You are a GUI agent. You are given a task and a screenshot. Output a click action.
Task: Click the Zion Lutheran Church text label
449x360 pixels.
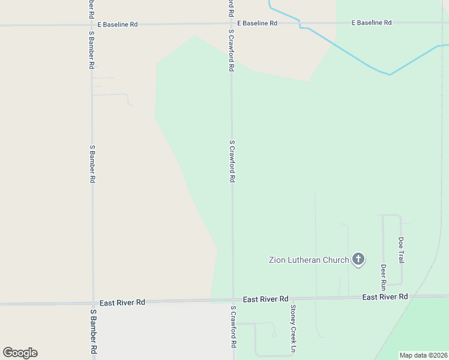(309, 260)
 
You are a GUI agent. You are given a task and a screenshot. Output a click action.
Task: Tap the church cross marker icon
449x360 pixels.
(358, 259)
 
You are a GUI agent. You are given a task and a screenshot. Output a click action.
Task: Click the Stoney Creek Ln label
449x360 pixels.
(293, 328)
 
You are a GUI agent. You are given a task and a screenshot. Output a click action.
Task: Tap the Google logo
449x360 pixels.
(20, 353)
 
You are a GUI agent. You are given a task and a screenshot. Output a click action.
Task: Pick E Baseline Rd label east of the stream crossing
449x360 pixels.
(372, 23)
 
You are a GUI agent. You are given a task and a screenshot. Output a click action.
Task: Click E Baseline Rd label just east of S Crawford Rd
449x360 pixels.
(257, 23)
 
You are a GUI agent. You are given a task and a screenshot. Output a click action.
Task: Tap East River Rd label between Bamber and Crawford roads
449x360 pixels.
(122, 302)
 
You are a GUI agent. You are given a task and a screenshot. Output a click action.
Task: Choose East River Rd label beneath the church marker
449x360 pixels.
(385, 297)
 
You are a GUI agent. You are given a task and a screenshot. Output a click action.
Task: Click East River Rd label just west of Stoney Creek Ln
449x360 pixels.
(265, 299)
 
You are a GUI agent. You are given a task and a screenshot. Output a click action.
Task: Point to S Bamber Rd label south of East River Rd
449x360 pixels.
(93, 332)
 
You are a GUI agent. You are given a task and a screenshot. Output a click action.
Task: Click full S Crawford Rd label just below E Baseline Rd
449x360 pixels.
(231, 50)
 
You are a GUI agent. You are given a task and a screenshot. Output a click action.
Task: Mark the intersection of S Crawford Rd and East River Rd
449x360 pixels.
(233, 300)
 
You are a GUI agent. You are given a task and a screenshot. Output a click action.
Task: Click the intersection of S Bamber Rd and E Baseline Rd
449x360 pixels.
(92, 25)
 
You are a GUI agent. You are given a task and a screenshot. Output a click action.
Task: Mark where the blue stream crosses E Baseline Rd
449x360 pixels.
(300, 23)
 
